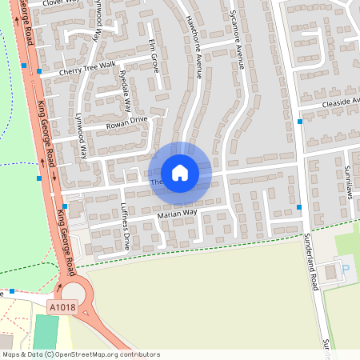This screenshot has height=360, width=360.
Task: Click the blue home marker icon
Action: tap(179, 173)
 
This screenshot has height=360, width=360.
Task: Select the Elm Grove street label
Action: tap(154, 55)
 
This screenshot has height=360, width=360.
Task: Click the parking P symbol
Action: tap(346, 270)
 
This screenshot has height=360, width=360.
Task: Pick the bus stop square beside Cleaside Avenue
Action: tap(300, 122)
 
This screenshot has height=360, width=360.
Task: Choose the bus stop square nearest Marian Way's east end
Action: tap(299, 207)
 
